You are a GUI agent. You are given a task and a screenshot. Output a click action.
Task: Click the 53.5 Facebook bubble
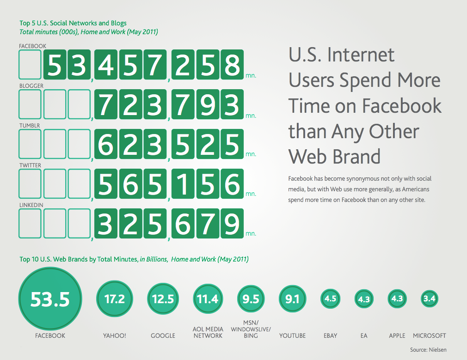50,299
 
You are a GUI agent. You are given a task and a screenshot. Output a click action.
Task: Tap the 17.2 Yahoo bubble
115,299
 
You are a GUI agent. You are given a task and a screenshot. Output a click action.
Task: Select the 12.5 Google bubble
163,299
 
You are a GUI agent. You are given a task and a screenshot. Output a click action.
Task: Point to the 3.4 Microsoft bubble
430,299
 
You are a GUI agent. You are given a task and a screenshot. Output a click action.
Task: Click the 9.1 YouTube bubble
293,299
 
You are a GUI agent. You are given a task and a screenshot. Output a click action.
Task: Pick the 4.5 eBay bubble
330,299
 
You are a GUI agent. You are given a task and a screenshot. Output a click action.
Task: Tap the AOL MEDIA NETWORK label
208,332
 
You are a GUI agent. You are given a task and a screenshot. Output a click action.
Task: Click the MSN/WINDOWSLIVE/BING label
251,329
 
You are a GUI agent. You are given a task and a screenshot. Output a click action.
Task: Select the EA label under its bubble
363,336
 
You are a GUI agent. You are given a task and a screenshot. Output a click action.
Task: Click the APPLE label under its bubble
397,336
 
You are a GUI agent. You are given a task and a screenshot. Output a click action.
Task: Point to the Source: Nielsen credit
428,349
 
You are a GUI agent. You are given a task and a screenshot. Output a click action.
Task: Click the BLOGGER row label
31,86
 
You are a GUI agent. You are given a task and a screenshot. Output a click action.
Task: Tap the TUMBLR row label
30,126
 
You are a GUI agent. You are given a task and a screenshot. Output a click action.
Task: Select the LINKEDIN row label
31,205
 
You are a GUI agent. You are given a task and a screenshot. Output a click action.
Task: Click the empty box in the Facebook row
30,64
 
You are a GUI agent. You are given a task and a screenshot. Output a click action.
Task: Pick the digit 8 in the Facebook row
232,64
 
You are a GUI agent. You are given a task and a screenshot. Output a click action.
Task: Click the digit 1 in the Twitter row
183,184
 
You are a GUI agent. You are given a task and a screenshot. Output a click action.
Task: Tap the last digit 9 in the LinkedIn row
232,223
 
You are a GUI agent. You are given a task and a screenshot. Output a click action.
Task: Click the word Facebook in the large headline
402,106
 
